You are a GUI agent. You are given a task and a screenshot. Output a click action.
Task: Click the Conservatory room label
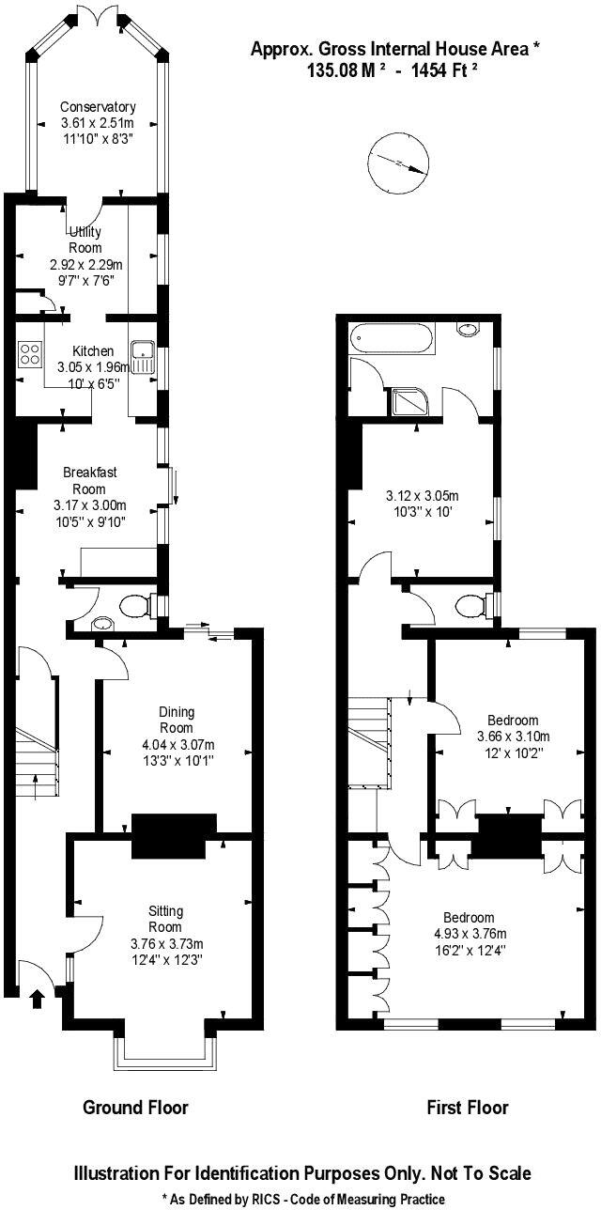98,107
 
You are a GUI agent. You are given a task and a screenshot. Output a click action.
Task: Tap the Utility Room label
84,240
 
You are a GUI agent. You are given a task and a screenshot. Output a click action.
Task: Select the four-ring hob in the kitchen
30,353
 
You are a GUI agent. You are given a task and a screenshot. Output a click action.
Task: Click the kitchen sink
144,356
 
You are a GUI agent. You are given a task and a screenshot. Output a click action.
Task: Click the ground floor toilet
135,607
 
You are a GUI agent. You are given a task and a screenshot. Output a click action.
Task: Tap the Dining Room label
177,720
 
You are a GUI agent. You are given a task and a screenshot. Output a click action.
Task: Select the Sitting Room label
165,919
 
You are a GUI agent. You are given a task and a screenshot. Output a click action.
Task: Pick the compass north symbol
400,165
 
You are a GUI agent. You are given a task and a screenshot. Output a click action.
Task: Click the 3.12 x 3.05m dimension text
421,495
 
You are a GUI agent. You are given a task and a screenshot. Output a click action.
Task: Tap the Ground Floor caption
135,1108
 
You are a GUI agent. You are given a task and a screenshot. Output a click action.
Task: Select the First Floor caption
468,1108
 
